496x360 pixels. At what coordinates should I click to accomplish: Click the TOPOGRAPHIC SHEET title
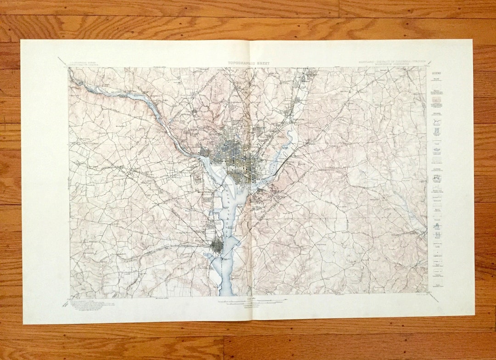point(248,63)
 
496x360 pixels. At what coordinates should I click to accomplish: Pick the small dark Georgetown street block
point(205,152)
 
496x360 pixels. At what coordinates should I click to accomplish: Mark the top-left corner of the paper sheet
point(22,41)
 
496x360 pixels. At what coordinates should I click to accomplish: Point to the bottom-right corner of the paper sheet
point(474,315)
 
